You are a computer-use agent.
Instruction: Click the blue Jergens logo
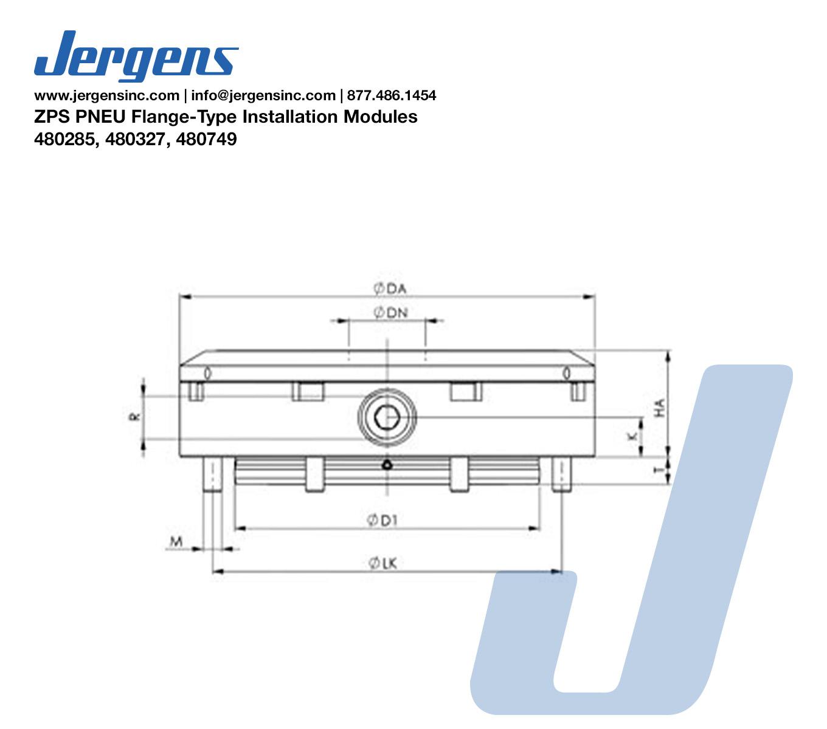[136, 56]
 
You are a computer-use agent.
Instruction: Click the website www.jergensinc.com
[107, 95]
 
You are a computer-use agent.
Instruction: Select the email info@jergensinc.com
[263, 95]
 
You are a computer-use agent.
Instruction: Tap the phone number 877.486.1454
[392, 95]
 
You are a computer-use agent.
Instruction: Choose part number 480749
[207, 139]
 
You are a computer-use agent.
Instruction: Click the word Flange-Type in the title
[184, 117]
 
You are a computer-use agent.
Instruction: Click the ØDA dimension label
[390, 289]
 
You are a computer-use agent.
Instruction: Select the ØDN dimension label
[390, 313]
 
